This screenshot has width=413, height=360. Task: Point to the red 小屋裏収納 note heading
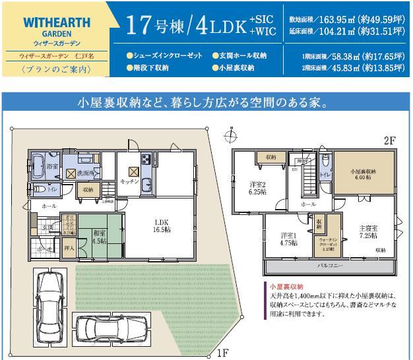click(285, 287)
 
